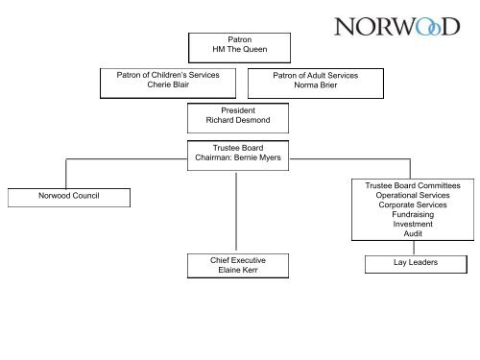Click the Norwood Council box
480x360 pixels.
[x=65, y=198]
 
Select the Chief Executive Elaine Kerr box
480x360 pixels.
[x=236, y=266]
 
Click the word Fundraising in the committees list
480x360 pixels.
[x=413, y=214]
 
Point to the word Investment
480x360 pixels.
[x=413, y=224]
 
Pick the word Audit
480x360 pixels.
[x=413, y=233]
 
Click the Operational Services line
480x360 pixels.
[x=413, y=195]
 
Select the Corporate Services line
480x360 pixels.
[x=413, y=204]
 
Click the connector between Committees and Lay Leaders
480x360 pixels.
[x=413, y=247]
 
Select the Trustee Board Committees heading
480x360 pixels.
[x=413, y=185]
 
